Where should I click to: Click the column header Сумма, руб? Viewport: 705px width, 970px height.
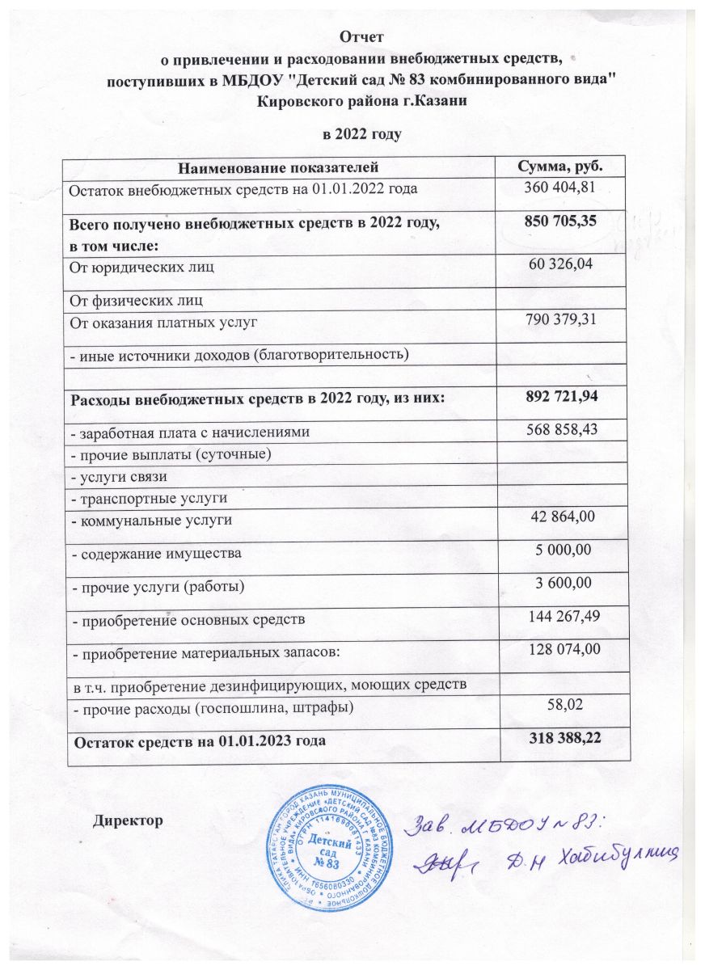pos(560,167)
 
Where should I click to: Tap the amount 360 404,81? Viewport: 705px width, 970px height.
pos(560,188)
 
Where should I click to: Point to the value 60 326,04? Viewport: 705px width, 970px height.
pos(560,264)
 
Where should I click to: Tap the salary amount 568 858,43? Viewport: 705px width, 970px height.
pos(560,432)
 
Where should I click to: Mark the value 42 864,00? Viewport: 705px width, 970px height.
pos(560,517)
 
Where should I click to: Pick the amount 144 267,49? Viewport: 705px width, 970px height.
pos(560,618)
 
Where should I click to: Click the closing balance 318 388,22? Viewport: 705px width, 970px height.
pos(560,736)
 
